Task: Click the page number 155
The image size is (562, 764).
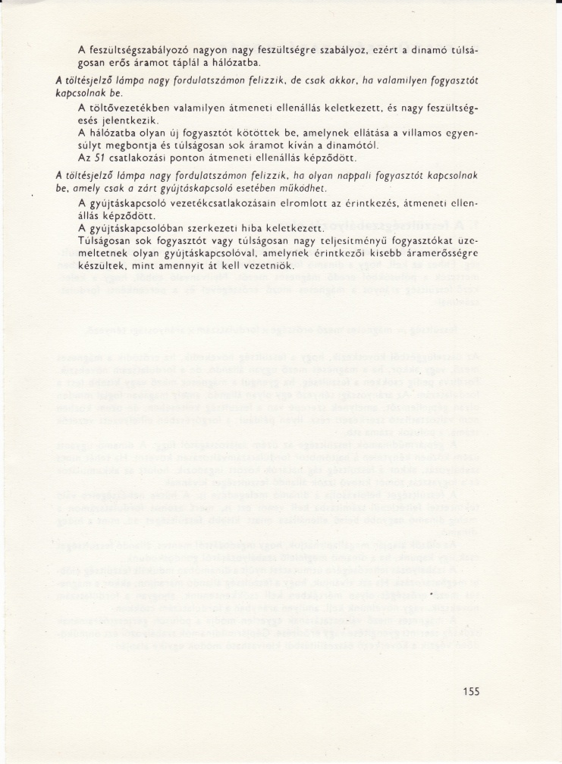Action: [x=470, y=691]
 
